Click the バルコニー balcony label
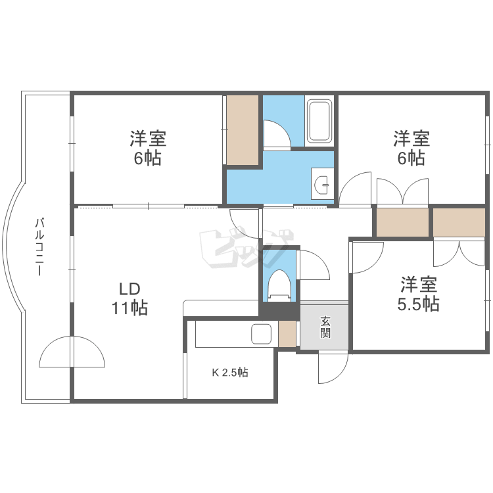coord(39,247)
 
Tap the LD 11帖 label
coord(129,298)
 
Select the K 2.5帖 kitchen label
coord(229,373)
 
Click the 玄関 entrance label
coord(325,327)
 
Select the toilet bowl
coord(279,284)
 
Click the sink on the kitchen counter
coord(262,334)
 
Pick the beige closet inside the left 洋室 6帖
coord(243,130)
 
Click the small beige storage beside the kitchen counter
coord(287,334)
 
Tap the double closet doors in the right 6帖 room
coord(402,191)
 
